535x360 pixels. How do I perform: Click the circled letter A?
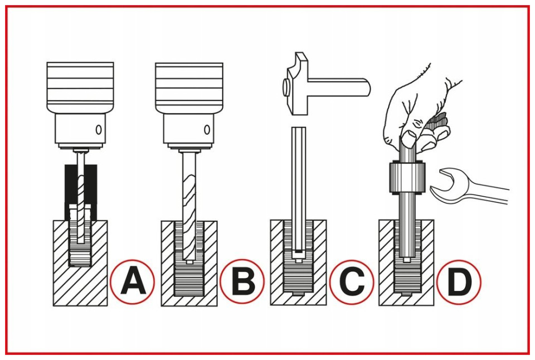pos(132,282)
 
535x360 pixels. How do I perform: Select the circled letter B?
pos(242,282)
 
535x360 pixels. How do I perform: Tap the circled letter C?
pos(352,282)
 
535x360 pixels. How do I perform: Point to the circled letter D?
pos(459,282)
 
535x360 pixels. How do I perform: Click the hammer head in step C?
pos(296,84)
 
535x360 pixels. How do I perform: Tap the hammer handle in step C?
pos(339,87)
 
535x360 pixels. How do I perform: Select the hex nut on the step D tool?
pos(407,178)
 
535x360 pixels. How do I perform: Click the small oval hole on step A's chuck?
pos(99,130)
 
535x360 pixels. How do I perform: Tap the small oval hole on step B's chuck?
pos(207,130)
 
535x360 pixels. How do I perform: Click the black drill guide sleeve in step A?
pos(81,192)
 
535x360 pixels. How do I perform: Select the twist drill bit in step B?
pos(189,205)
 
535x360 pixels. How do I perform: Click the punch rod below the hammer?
pos(299,189)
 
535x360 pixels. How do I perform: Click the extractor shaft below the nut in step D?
pos(406,225)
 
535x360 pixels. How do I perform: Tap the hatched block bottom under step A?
pos(80,286)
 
